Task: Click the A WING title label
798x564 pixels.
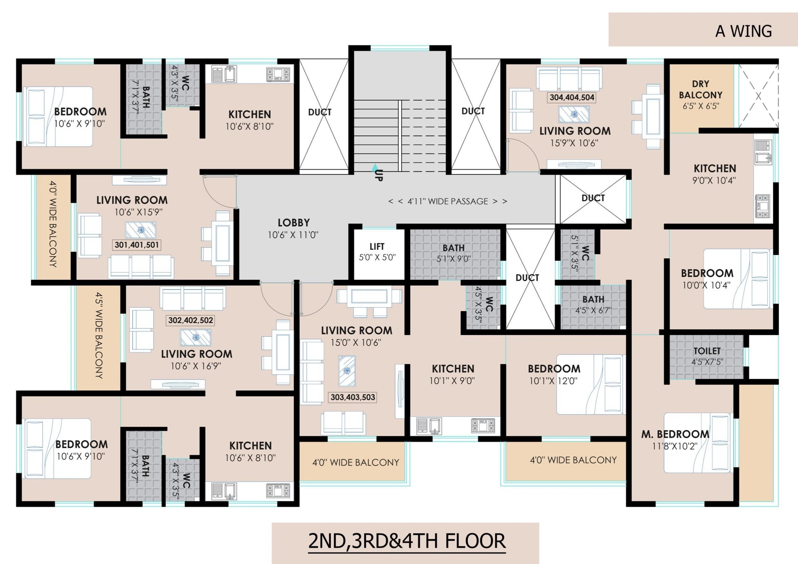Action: [743, 31]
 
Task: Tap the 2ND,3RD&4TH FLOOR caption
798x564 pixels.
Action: [407, 541]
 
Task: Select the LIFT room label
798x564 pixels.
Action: [377, 246]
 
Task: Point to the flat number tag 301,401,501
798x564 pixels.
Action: [137, 245]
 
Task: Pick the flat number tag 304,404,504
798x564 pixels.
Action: [572, 98]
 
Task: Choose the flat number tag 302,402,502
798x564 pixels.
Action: [190, 320]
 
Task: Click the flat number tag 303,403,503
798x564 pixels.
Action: [353, 397]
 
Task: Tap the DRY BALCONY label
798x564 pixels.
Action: [700, 90]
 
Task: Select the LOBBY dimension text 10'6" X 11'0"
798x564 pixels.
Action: [293, 235]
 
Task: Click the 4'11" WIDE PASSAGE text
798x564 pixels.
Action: [448, 201]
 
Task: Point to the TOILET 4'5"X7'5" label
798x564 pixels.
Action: [707, 356]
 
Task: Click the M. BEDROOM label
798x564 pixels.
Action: [675, 434]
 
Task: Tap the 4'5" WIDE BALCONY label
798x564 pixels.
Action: [99, 335]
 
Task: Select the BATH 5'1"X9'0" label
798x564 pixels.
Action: [454, 253]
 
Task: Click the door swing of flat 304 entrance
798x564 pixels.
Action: [523, 155]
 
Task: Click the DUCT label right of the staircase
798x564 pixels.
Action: [473, 111]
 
